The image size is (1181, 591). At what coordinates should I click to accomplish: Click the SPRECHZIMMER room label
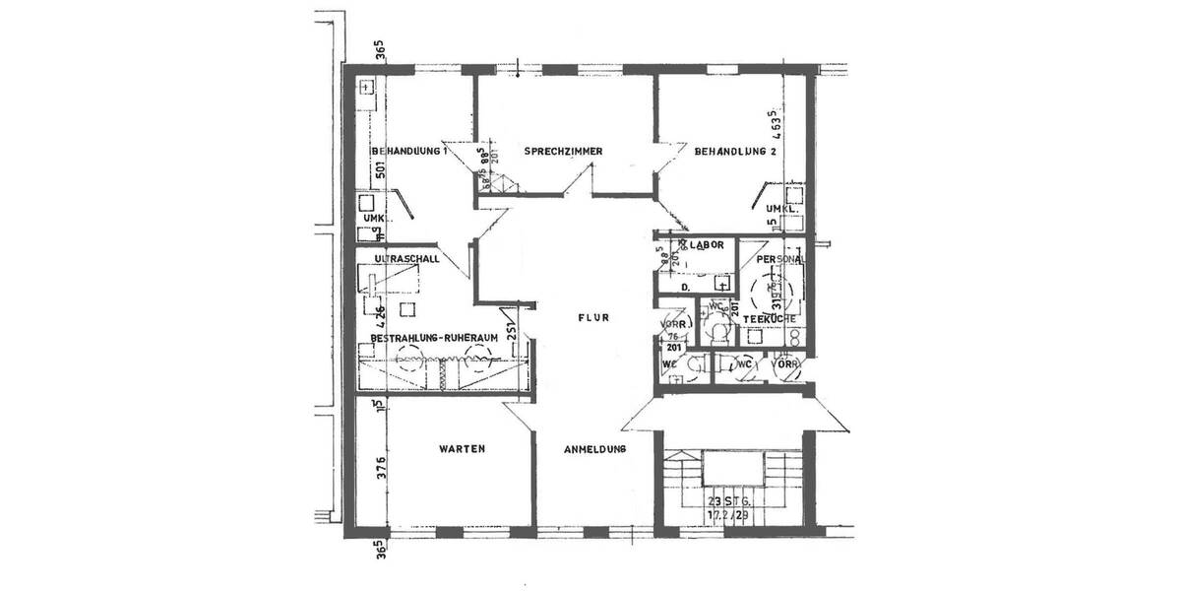563,152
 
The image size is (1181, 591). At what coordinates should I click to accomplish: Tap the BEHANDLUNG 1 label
409,152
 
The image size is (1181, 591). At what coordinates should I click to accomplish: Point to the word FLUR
594,318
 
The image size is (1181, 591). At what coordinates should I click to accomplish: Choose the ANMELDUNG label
595,450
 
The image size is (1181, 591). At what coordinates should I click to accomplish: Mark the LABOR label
707,244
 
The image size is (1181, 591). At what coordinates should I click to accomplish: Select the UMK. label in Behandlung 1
374,218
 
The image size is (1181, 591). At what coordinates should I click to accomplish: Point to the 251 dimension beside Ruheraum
512,332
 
